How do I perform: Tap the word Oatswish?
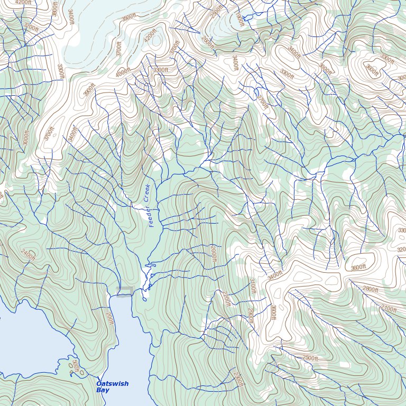coord(112,384)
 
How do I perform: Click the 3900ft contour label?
coord(89,90)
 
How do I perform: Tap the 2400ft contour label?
coord(28,255)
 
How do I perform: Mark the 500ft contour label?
coord(75,366)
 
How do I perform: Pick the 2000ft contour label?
coord(213,254)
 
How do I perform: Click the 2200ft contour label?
coord(226,299)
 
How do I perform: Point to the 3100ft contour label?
coord(252,286)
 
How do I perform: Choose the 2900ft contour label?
coord(250,316)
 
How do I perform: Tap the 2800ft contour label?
coord(370,289)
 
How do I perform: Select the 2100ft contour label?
coord(389,308)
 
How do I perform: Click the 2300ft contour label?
coord(237,379)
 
